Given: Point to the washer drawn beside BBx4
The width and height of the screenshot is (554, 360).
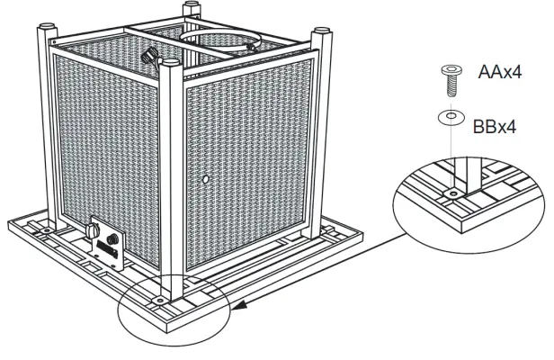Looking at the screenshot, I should (448, 117).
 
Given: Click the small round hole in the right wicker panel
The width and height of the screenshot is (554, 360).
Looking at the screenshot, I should (208, 181).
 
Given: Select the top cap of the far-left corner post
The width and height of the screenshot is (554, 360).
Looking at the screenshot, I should (40, 33).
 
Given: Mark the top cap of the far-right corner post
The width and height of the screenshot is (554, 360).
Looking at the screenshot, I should (317, 35).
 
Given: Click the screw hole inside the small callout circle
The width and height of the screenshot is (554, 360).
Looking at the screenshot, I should (160, 293).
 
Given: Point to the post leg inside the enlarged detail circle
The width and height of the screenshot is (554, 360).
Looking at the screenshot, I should (469, 175).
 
